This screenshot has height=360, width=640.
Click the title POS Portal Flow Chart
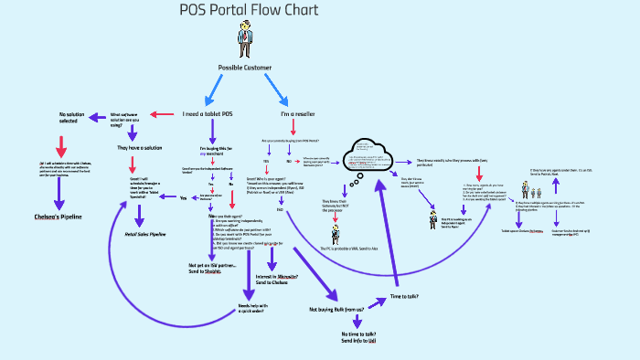pyautogui.click(x=249, y=11)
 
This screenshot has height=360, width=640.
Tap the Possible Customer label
pyautogui.click(x=244, y=68)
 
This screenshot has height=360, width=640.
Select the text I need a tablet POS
pyautogui.click(x=207, y=114)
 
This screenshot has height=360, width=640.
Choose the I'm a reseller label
pyautogui.click(x=297, y=114)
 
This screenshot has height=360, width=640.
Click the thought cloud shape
pyautogui.click(x=367, y=157)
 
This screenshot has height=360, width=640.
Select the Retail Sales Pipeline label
pyautogui.click(x=144, y=234)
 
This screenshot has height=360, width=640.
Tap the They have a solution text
pyautogui.click(x=139, y=147)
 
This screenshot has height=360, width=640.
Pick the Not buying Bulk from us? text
pyautogui.click(x=336, y=310)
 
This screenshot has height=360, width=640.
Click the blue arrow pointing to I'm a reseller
pyautogui.click(x=275, y=90)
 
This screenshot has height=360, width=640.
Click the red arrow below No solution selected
pyautogui.click(x=62, y=145)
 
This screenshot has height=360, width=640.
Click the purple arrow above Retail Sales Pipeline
pyautogui.click(x=139, y=216)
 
